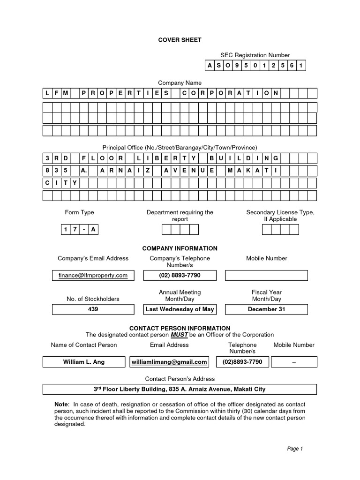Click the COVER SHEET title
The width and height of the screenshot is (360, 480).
(x=180, y=40)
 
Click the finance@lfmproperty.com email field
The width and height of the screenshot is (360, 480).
(x=93, y=275)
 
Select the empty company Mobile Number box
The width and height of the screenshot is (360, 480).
(x=266, y=275)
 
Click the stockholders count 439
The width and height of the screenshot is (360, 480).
(x=93, y=309)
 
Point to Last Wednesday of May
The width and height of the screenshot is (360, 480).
(x=180, y=309)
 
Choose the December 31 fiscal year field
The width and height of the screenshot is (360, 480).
(x=266, y=309)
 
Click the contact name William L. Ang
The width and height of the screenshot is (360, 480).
(x=84, y=362)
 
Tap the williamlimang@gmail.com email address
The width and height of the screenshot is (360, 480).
(x=169, y=362)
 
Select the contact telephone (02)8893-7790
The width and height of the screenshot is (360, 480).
(x=242, y=362)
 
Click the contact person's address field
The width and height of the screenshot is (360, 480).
(x=180, y=389)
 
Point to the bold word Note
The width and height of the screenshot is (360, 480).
(x=61, y=404)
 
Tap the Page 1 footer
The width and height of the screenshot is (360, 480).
(x=295, y=449)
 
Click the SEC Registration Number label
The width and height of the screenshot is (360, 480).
(x=255, y=55)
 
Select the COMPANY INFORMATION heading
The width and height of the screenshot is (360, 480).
(x=180, y=248)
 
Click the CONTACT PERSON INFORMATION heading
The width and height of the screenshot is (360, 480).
(x=180, y=328)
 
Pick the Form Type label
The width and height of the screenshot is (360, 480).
(x=79, y=212)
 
